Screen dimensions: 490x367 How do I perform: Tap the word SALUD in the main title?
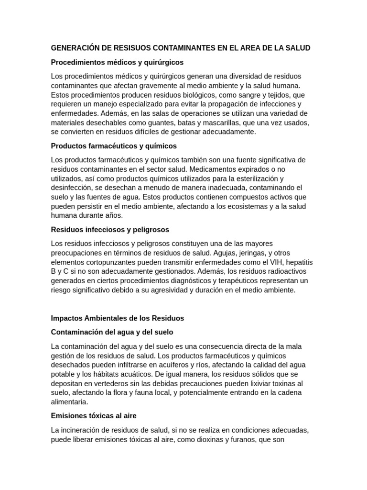point(297,48)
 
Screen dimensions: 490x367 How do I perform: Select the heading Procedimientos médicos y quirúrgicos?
point(117,62)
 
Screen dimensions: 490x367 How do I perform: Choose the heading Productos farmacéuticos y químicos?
point(114,145)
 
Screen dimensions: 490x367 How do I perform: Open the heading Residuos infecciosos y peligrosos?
point(110,230)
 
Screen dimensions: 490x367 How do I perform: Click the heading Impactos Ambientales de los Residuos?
point(117,318)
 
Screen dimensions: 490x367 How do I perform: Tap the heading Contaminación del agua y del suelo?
point(112,332)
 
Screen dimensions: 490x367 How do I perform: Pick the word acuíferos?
point(165,365)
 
